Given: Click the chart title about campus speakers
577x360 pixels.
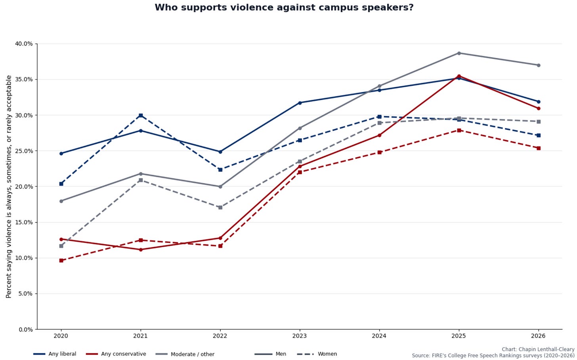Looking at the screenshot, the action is (x=284, y=8).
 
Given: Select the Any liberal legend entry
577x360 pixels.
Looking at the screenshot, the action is (x=55, y=354).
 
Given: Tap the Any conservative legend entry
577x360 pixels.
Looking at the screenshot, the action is (x=116, y=354).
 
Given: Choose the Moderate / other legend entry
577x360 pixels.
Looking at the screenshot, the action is (x=185, y=354).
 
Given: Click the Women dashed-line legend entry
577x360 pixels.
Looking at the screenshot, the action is (x=317, y=354).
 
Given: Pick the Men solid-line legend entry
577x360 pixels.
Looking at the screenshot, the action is (x=270, y=354).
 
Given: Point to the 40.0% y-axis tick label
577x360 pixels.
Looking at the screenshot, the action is (x=24, y=44).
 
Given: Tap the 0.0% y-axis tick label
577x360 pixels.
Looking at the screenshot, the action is (x=25, y=330).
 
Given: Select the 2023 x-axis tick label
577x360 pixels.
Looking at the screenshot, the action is (x=300, y=336).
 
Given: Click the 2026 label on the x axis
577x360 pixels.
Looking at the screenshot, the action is (x=538, y=336).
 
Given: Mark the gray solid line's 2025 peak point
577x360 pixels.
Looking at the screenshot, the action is (x=459, y=53).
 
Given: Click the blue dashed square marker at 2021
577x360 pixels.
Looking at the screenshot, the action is (x=141, y=115).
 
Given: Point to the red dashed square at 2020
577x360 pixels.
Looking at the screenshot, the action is (x=61, y=261).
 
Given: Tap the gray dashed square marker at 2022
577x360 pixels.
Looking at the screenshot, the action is (x=220, y=207).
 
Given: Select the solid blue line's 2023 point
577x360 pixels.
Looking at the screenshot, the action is (x=300, y=103).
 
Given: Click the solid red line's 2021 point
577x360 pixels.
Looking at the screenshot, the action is (x=141, y=250).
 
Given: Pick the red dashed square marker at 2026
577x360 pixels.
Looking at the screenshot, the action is (x=538, y=148).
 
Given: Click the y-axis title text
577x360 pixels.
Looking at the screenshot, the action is (x=9, y=187).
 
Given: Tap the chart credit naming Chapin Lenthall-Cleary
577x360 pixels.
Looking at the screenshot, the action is (x=538, y=349).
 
